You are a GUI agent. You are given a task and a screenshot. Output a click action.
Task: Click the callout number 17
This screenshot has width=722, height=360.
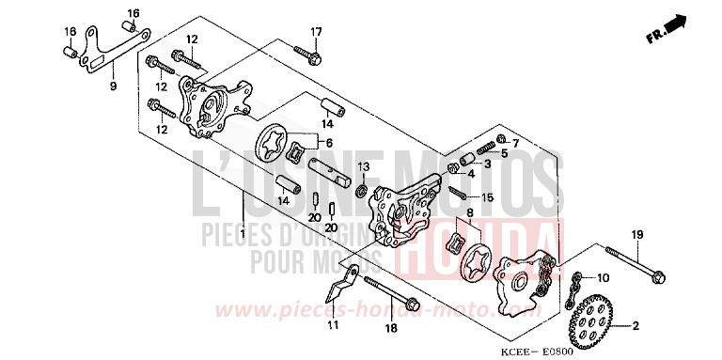click(316, 31)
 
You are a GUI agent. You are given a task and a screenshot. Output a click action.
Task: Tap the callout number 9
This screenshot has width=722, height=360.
click(113, 86)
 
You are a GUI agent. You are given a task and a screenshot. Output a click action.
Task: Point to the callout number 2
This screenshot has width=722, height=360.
click(636, 326)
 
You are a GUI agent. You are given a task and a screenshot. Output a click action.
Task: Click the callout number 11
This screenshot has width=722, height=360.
click(332, 325)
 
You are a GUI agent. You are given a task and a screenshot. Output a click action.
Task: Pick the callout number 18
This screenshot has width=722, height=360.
click(391, 329)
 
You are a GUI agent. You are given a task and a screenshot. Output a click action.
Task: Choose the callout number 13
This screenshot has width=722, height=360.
click(365, 166)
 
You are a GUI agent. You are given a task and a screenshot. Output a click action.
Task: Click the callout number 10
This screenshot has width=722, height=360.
click(603, 278)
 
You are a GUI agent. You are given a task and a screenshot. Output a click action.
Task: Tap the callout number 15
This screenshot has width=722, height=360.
click(487, 197)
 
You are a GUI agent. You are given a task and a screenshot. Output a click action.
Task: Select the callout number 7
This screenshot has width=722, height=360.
click(515, 142)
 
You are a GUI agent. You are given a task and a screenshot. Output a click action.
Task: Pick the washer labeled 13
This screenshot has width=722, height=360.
click(361, 192)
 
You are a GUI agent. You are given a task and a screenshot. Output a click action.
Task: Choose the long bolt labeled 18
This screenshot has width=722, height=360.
click(391, 292)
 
